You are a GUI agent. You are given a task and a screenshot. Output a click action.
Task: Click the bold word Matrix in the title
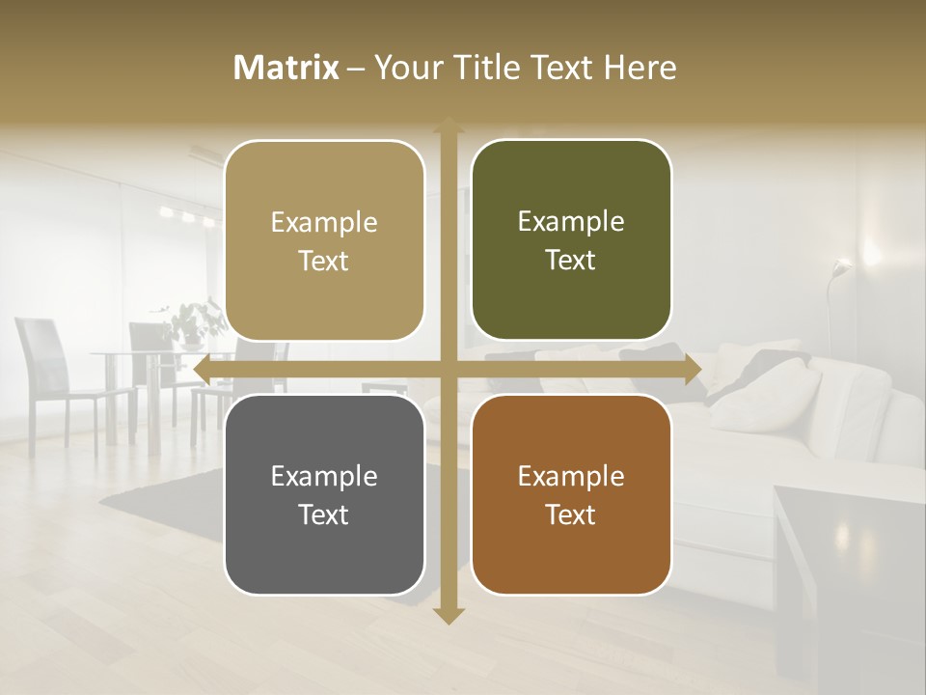tap(286, 68)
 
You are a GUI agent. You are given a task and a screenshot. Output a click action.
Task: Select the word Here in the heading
tap(640, 68)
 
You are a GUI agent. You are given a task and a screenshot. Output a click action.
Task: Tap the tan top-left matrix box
tap(324, 241)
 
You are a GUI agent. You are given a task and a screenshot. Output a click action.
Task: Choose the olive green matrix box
tap(571, 241)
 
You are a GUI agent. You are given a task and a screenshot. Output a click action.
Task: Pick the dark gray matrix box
tap(324, 494)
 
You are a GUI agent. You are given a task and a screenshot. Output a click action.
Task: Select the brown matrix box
tap(571, 494)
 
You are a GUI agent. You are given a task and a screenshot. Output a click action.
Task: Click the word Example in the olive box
tap(571, 222)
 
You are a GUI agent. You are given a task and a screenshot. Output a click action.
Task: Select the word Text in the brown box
tap(571, 514)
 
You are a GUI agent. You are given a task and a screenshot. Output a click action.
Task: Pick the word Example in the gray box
tap(324, 476)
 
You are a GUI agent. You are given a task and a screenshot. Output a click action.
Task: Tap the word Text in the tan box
tap(324, 261)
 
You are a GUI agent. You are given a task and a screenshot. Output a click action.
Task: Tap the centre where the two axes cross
tap(448, 370)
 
